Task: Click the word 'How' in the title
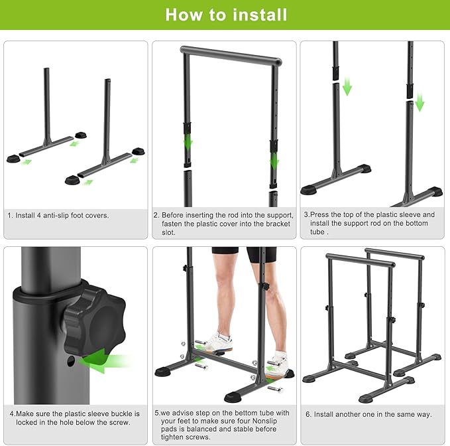tap(184, 15)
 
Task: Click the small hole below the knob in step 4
tap(71, 361)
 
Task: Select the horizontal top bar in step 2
tap(231, 56)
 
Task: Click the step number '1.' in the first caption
tap(11, 216)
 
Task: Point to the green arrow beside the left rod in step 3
tap(347, 86)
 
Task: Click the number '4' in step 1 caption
tap(39, 216)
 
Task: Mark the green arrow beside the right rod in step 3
tap(420, 102)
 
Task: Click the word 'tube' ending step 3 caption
tap(317, 232)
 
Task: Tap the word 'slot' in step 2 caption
tap(168, 232)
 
